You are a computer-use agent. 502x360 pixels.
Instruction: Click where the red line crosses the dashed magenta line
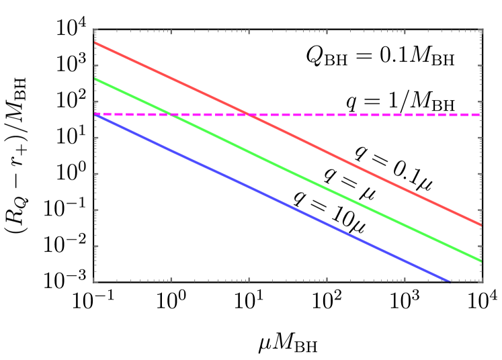click(249, 115)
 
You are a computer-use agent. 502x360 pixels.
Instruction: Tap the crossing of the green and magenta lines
click(171, 115)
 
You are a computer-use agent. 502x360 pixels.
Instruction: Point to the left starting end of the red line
click(95, 43)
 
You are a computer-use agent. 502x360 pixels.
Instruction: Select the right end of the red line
click(481, 225)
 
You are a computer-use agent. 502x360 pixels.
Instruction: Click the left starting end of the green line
click(95, 79)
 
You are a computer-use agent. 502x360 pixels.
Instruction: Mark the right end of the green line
click(481, 261)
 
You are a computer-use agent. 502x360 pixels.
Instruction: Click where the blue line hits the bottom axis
click(448, 281)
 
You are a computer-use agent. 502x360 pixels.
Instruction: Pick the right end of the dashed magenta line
click(481, 115)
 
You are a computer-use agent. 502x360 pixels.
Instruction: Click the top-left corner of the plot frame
click(94, 30)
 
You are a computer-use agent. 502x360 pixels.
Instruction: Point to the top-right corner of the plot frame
click(482, 30)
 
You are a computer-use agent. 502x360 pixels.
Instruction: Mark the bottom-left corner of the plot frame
click(94, 281)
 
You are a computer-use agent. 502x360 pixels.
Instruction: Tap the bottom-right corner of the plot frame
click(482, 281)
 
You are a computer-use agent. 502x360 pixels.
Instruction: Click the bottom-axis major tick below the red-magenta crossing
click(249, 279)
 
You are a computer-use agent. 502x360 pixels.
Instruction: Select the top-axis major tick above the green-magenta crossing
click(171, 32)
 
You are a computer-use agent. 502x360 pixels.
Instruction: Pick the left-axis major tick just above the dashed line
click(96, 102)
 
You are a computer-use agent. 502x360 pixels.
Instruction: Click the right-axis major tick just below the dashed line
click(480, 138)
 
